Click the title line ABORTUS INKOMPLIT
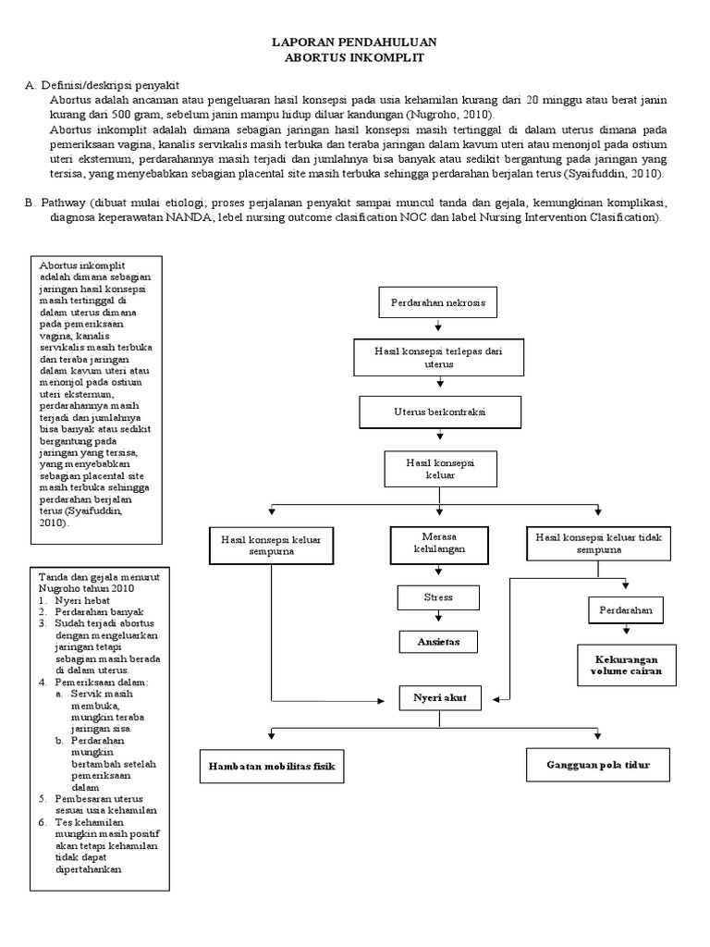(x=354, y=56)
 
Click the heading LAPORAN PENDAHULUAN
(x=354, y=43)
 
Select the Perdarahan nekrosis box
(x=437, y=301)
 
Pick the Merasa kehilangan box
(x=438, y=542)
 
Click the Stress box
(x=438, y=597)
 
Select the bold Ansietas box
(x=438, y=641)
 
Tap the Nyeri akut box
(x=439, y=699)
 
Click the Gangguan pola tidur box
(x=598, y=766)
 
